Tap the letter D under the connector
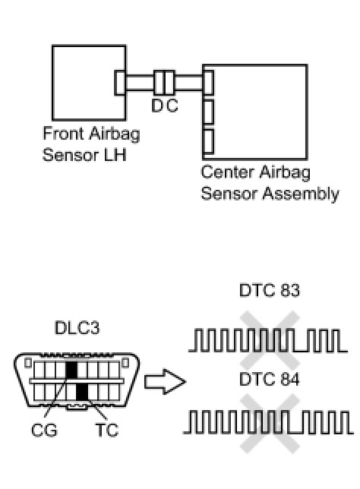157,106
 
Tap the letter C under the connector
172,106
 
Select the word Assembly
301,194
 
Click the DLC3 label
77,328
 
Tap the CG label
44,430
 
